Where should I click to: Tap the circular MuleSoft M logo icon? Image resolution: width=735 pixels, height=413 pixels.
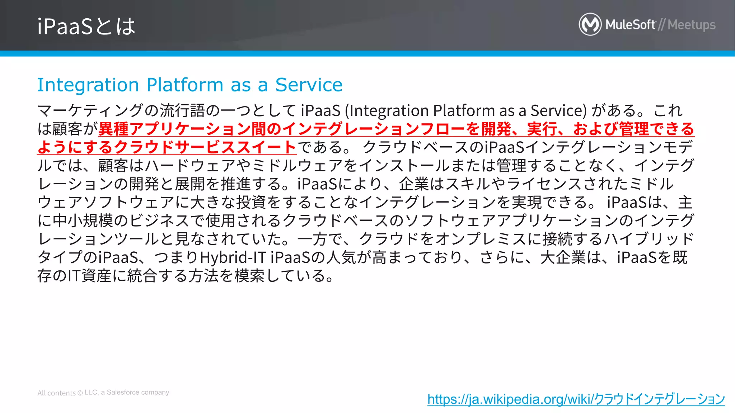(590, 24)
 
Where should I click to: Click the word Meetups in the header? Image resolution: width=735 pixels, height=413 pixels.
(692, 25)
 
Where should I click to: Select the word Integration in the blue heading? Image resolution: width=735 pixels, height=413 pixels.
(88, 85)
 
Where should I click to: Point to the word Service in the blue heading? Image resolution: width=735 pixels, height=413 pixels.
(309, 85)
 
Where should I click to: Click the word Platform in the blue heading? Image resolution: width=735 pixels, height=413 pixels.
(185, 85)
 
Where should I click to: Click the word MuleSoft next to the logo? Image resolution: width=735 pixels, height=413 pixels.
(630, 25)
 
